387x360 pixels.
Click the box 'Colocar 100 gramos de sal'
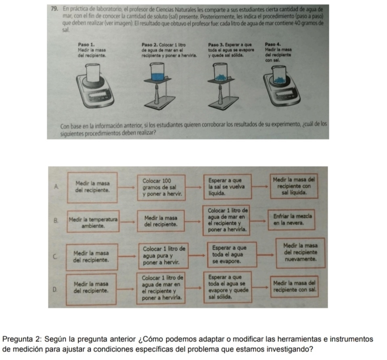(160, 186)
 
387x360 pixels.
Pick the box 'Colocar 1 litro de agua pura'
(161, 255)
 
